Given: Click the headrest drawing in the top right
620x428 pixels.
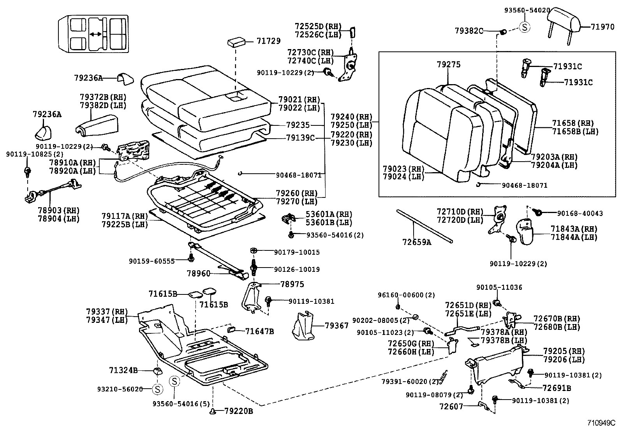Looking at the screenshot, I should [x=563, y=21].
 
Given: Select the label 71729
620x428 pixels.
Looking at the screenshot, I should [x=268, y=41].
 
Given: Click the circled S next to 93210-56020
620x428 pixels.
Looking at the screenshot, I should [x=157, y=389].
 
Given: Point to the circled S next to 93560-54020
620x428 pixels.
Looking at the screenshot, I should [x=525, y=27].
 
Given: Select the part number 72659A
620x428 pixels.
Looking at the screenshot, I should [x=417, y=242].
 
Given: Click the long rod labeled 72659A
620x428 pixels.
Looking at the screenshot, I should [x=424, y=226].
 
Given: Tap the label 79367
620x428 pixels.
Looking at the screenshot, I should [x=337, y=325].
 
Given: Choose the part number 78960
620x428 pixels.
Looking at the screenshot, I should [x=199, y=274].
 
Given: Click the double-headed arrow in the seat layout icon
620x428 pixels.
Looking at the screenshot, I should [x=95, y=35].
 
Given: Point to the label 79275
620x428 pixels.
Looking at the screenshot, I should [x=449, y=65].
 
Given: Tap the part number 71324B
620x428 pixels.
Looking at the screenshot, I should [x=123, y=370].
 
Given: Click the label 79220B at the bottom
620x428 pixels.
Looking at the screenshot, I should [x=238, y=411].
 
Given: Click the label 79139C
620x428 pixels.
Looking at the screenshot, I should [x=300, y=137].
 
